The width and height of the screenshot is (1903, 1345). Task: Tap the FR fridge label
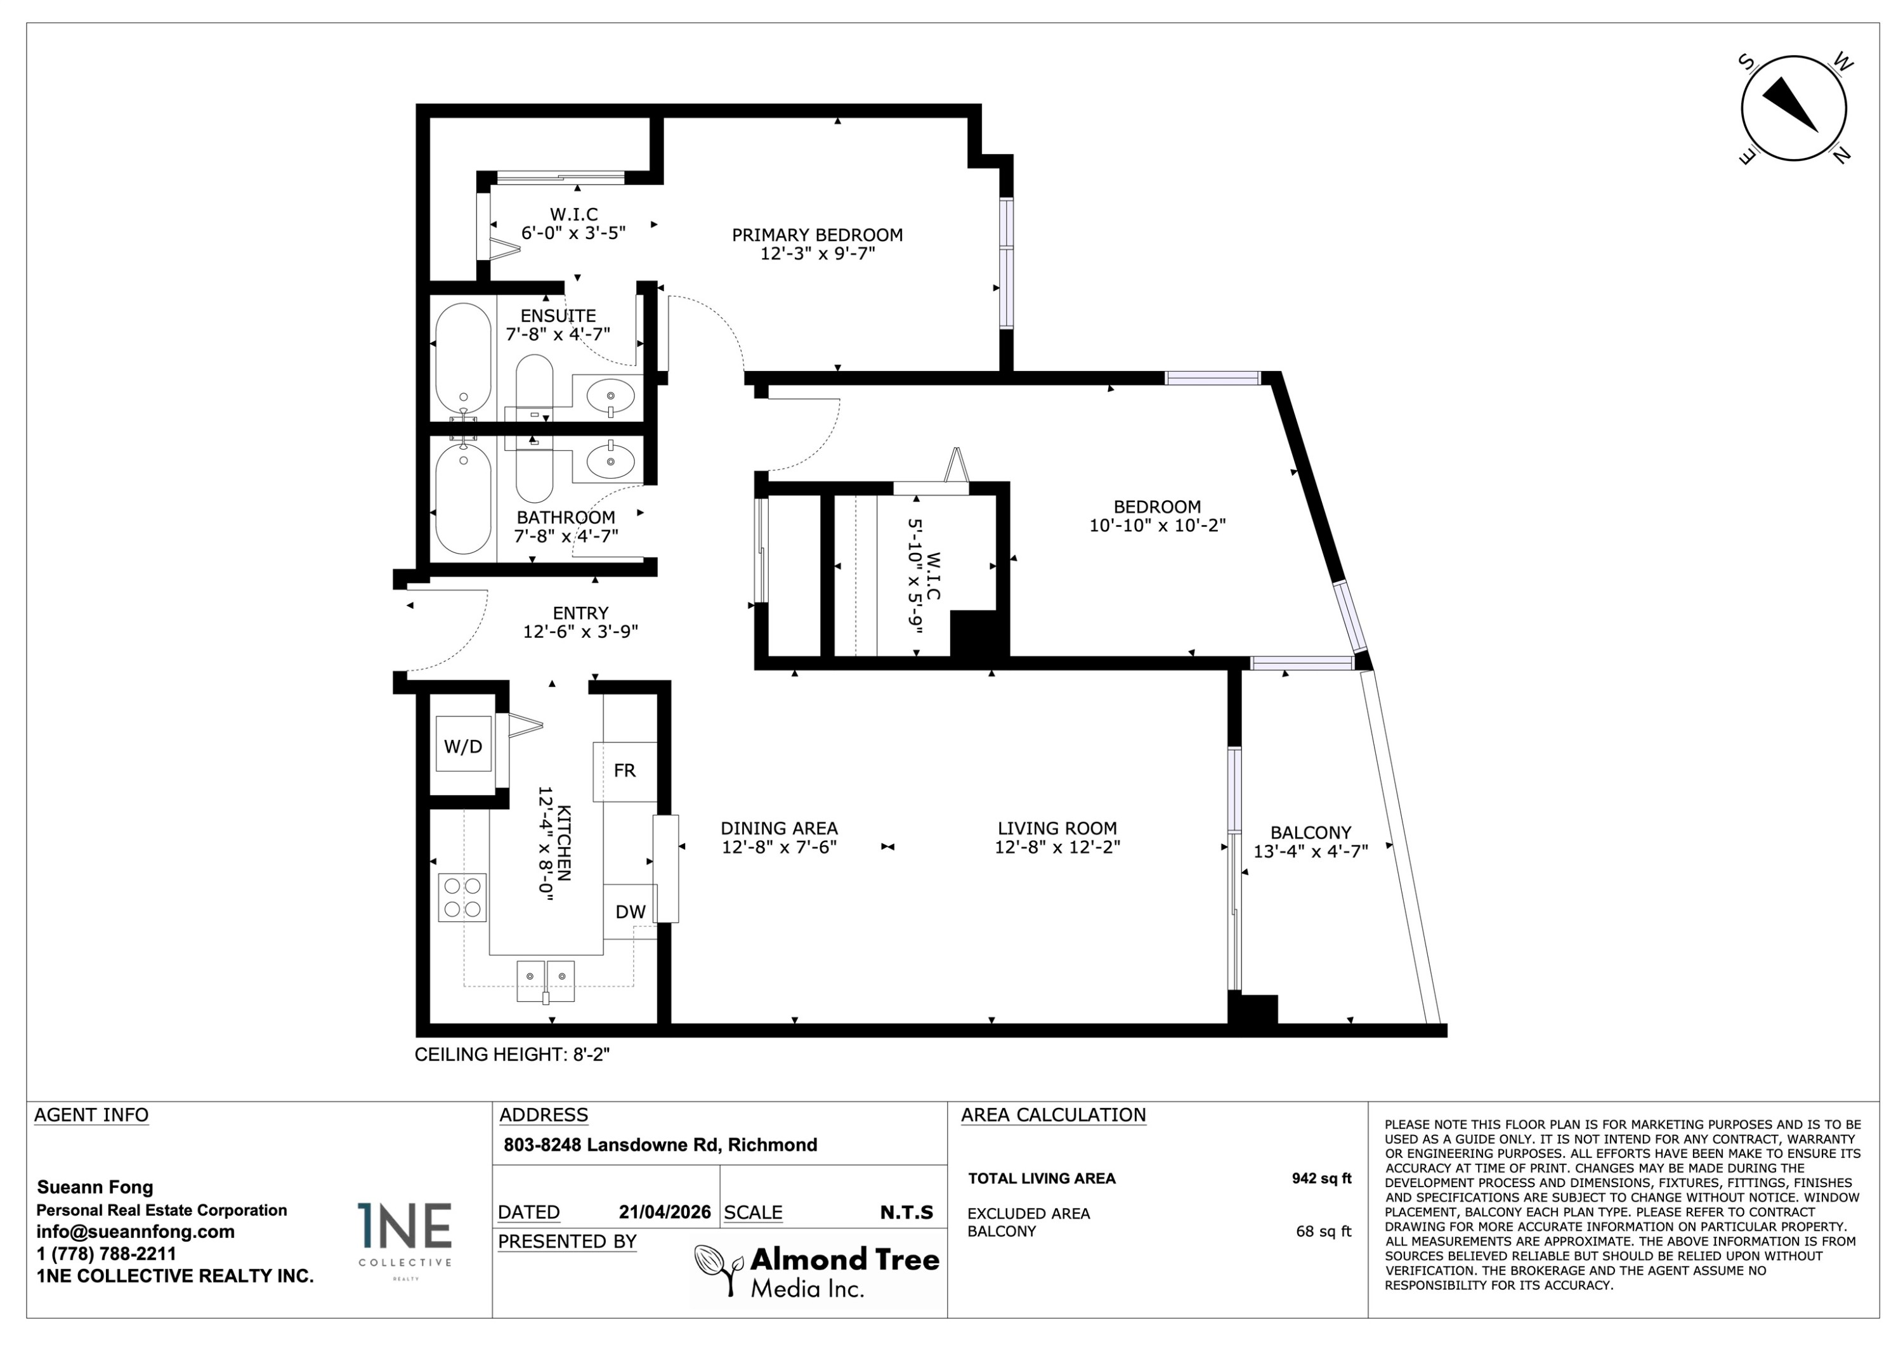click(625, 770)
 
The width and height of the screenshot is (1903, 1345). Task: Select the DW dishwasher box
click(630, 912)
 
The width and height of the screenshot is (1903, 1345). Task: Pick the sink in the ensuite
click(611, 396)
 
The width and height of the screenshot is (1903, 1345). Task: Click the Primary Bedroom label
click(817, 235)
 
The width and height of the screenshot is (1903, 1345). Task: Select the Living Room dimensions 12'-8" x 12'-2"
click(1057, 847)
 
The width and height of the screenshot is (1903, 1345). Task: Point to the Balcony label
click(1311, 832)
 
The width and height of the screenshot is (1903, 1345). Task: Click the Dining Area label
click(779, 828)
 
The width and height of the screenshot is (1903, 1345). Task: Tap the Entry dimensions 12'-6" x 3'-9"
click(580, 632)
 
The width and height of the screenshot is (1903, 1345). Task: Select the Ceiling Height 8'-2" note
click(512, 1054)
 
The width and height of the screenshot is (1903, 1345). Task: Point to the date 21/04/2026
click(665, 1212)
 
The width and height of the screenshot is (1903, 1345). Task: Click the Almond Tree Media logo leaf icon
click(717, 1269)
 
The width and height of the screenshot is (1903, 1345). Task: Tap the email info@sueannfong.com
click(135, 1231)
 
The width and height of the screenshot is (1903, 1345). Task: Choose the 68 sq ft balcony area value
click(1324, 1231)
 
